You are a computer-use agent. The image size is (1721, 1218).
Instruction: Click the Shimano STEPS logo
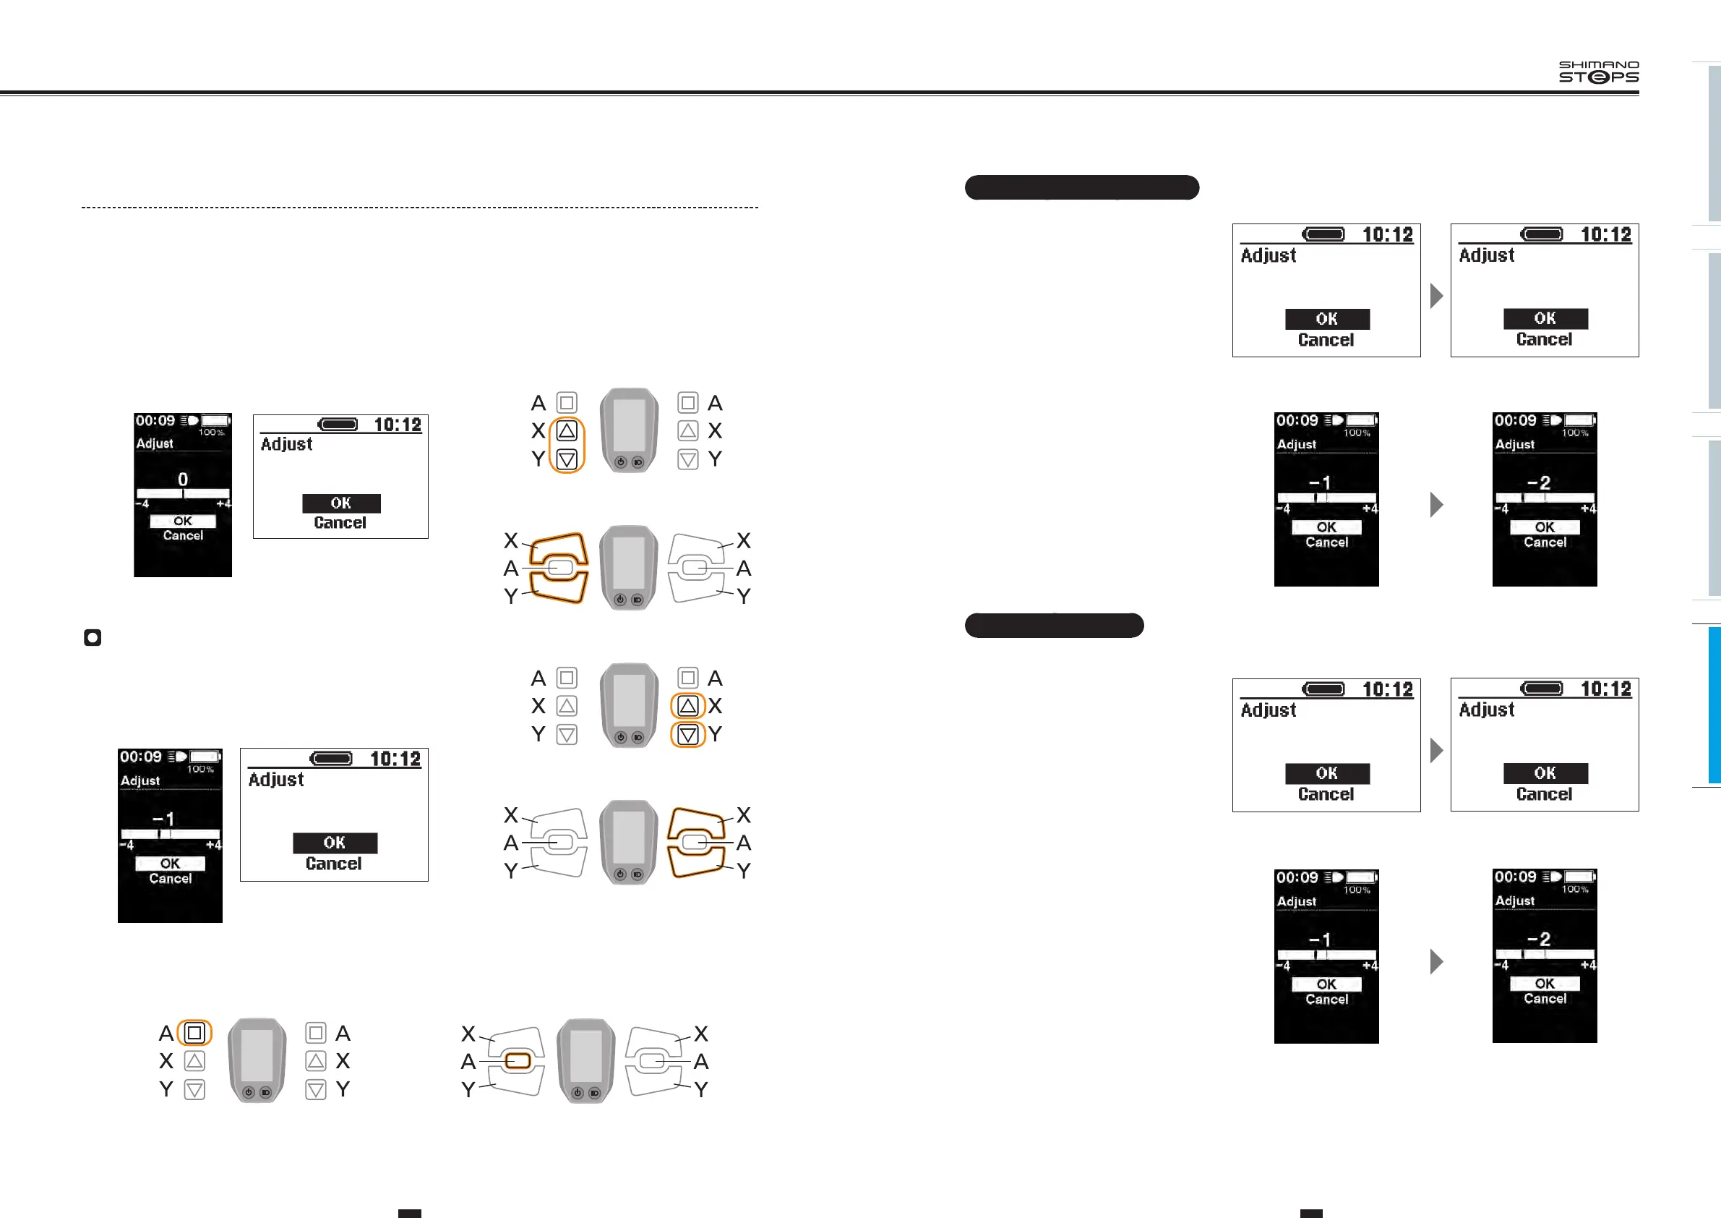[1598, 72]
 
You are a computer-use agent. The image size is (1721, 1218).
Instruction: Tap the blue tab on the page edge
[1714, 705]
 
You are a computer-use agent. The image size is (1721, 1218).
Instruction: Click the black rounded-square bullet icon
[93, 637]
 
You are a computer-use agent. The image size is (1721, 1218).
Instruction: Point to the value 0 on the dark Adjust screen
[183, 480]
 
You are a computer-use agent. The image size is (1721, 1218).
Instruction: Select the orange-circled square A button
[195, 1033]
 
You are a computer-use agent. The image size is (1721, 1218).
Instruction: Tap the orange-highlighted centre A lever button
[518, 1060]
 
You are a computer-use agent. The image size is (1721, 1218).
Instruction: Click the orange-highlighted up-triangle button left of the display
[567, 430]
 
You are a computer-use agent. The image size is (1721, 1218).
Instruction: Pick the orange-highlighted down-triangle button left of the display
[567, 459]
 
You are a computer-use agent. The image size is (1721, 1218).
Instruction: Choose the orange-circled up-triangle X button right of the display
[688, 706]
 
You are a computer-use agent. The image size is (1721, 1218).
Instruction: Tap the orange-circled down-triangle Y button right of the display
[688, 734]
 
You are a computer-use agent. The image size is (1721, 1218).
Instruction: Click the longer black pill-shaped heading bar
[1081, 187]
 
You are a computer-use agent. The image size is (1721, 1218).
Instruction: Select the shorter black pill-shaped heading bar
[1054, 626]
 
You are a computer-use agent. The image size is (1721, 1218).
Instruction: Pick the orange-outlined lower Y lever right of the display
[696, 862]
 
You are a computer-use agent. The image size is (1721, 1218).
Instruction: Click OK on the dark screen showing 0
[183, 521]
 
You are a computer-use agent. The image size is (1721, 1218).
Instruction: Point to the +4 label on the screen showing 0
[223, 504]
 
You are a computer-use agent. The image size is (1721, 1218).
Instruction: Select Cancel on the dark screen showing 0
[183, 535]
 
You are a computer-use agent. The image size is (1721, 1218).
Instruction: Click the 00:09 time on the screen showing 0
[155, 421]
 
